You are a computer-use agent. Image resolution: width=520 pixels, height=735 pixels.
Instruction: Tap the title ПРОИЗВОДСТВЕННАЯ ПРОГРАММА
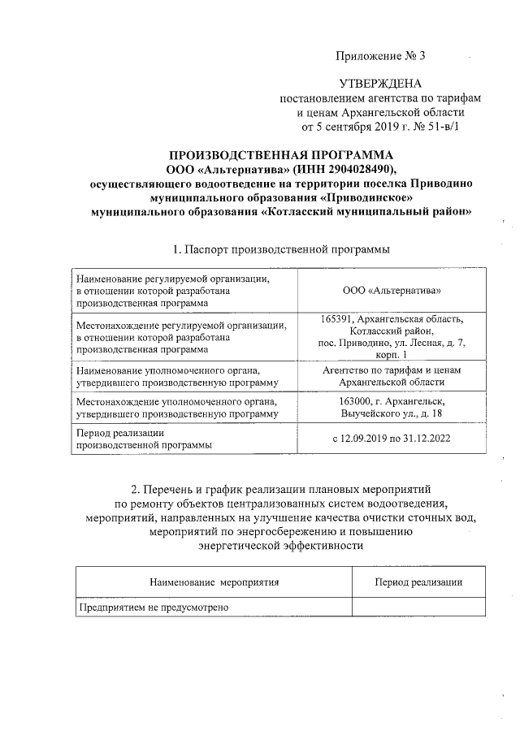(280, 155)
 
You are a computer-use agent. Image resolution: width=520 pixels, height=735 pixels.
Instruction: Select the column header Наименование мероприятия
(214, 582)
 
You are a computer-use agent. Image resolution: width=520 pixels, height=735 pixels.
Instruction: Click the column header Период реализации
(418, 582)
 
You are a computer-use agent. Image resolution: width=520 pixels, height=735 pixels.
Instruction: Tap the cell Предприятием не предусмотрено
(154, 607)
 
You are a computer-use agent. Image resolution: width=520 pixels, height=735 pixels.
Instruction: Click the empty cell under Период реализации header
(418, 607)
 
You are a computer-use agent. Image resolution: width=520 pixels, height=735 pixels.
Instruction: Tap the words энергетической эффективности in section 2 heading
(280, 546)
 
